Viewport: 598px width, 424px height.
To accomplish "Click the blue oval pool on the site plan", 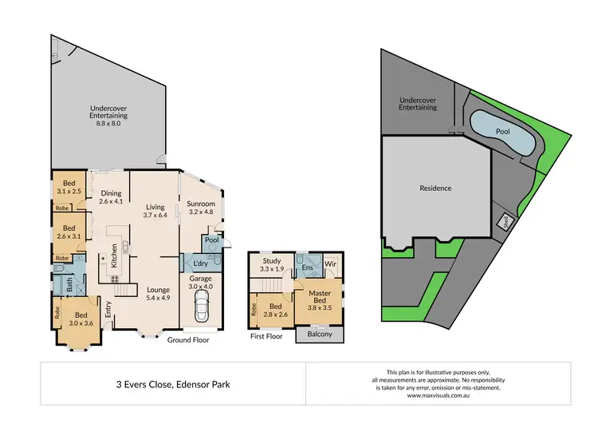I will pyautogui.click(x=502, y=131).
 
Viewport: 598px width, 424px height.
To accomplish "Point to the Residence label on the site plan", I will pyautogui.click(x=435, y=188).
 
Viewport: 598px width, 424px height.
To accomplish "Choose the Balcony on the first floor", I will pyautogui.click(x=319, y=335).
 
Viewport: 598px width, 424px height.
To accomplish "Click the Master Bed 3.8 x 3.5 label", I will pyautogui.click(x=319, y=299).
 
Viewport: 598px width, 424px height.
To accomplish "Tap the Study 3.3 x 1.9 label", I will pyautogui.click(x=271, y=266).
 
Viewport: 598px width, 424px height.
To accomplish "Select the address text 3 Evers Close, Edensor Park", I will pyautogui.click(x=172, y=384).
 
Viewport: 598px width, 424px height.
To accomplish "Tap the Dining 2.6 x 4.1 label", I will pyautogui.click(x=111, y=196).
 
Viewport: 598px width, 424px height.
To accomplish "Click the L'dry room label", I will pyautogui.click(x=201, y=264).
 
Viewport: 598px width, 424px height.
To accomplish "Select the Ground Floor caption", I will pyautogui.click(x=187, y=339).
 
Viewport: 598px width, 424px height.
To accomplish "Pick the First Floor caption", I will pyautogui.click(x=267, y=337).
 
